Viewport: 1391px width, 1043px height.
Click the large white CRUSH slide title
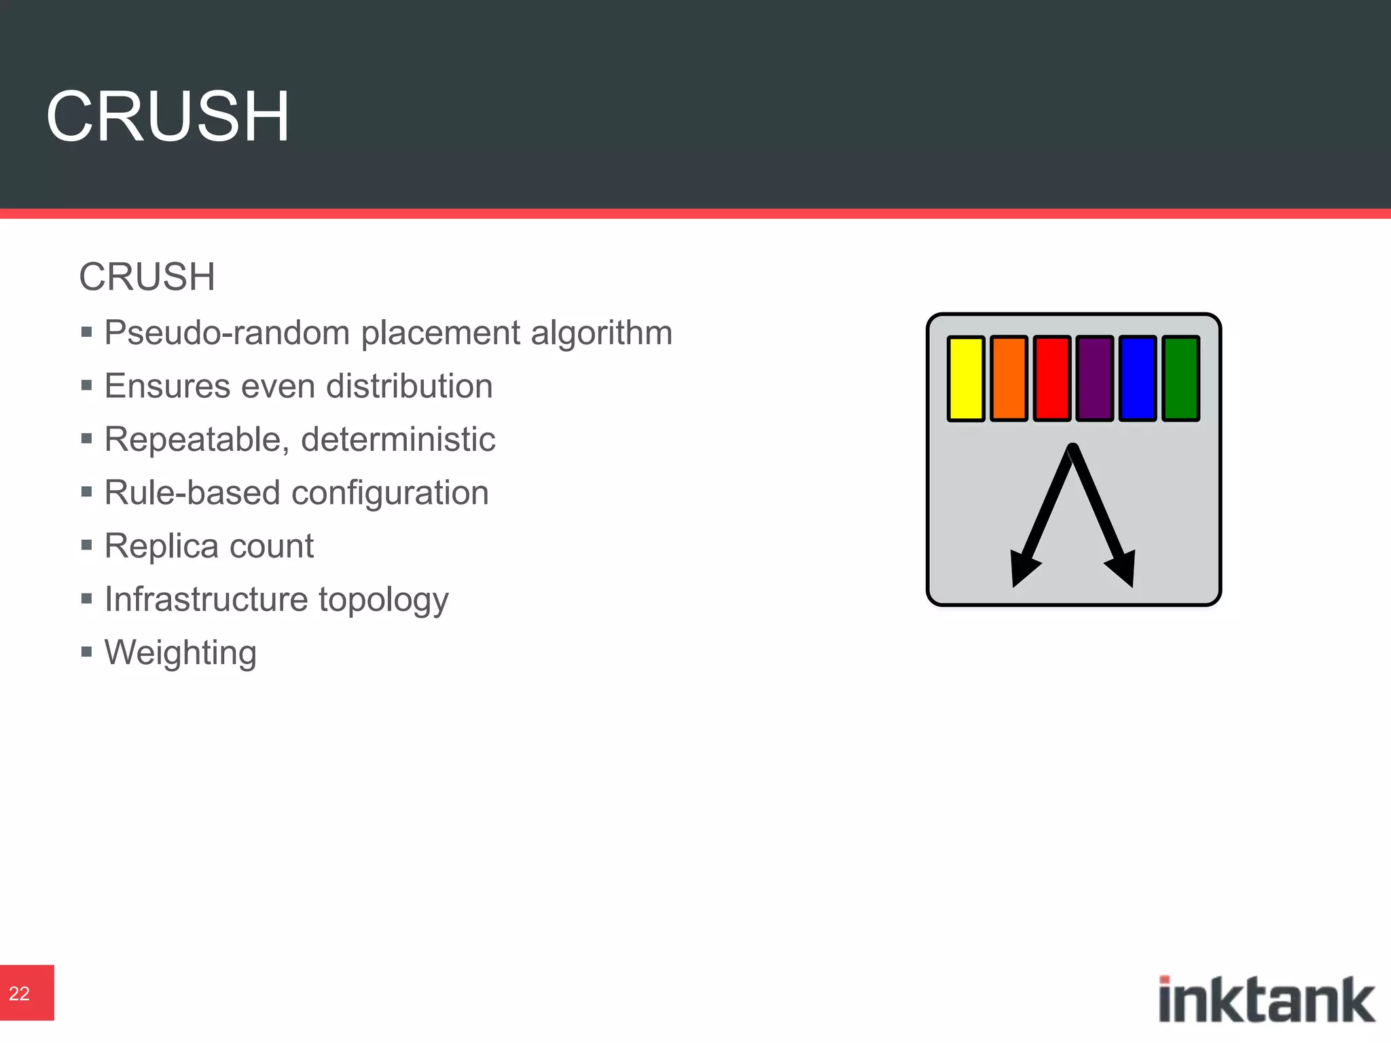click(168, 116)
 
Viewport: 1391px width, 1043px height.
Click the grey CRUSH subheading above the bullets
click(147, 277)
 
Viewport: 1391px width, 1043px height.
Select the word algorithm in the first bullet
click(601, 334)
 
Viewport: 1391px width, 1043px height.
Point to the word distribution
click(409, 386)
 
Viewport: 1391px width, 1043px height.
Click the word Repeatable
click(192, 440)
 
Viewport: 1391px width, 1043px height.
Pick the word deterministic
click(398, 439)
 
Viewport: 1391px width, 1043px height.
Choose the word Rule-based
click(192, 492)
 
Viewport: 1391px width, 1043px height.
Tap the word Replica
click(161, 546)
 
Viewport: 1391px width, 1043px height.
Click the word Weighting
click(181, 653)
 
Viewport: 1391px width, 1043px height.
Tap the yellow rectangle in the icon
click(965, 378)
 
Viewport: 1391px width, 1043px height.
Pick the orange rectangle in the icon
click(1009, 378)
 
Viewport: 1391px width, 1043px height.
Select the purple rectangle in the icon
click(1094, 378)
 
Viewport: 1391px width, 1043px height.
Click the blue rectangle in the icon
click(1137, 378)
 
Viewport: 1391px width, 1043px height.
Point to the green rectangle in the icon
click(1180, 378)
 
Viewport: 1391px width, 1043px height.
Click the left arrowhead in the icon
click(1022, 567)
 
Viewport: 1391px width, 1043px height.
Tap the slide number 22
click(20, 993)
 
